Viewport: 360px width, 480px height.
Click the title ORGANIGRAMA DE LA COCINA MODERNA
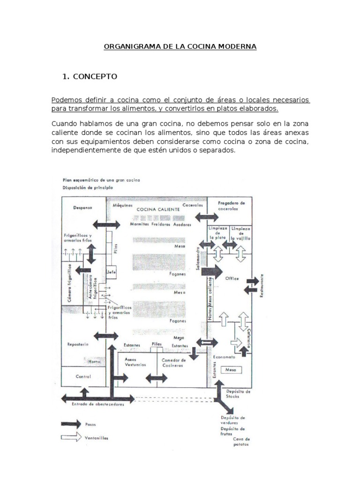click(x=180, y=47)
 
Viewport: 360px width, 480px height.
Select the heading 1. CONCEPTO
click(x=90, y=76)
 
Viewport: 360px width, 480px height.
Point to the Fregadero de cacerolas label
click(x=232, y=206)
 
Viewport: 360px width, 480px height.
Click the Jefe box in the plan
click(x=111, y=272)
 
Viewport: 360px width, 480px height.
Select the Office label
click(x=232, y=278)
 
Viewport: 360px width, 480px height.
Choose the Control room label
click(x=83, y=376)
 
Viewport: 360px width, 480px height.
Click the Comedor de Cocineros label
click(x=174, y=363)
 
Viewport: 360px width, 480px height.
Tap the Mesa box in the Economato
click(x=231, y=370)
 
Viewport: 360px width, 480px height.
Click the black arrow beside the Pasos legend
click(x=71, y=424)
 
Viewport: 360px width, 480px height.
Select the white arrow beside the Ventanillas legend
click(x=71, y=438)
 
